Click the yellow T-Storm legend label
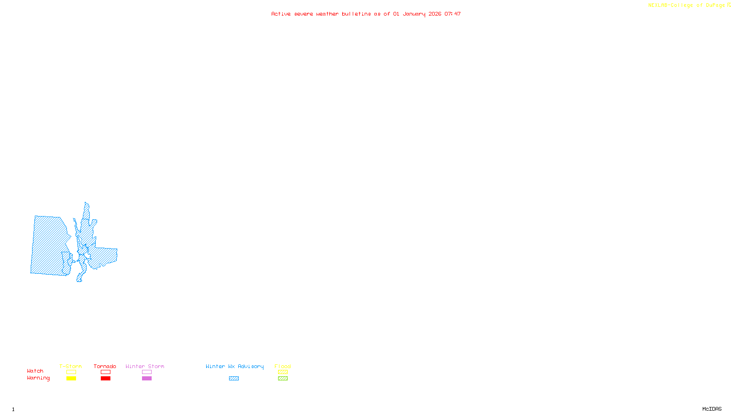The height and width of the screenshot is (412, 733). coord(71,366)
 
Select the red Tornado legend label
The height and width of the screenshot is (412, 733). coord(105,366)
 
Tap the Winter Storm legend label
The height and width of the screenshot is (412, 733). coord(145,366)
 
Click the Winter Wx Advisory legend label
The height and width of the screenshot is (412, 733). coord(235,366)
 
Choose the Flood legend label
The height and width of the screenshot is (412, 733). coord(283,366)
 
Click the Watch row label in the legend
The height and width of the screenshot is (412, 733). coord(35,371)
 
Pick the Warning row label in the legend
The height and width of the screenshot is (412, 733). coord(38,378)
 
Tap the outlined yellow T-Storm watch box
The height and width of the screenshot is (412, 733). coord(71,372)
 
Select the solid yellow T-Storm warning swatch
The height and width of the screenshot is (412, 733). coord(71,379)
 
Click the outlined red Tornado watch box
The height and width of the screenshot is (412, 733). coord(105,372)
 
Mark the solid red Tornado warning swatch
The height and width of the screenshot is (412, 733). coord(105,379)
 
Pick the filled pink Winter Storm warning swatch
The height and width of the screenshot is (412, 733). coord(147,379)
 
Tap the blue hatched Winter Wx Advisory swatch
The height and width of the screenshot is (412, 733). coord(234,379)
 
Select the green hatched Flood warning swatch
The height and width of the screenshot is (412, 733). coord(283,379)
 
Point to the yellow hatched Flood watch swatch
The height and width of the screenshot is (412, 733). coord(283,372)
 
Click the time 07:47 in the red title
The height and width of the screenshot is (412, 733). coord(452,14)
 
